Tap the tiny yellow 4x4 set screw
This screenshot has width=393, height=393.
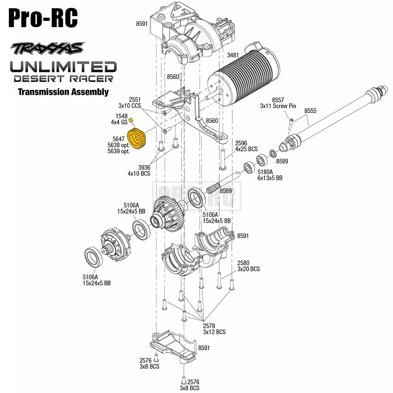pyautogui.click(x=132, y=121)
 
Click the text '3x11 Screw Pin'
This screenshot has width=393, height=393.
pyautogui.click(x=278, y=106)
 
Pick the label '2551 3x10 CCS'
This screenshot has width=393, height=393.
pyautogui.click(x=130, y=103)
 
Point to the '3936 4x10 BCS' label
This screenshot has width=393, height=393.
pyautogui.click(x=139, y=170)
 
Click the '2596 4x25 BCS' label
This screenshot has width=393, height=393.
pyautogui.click(x=246, y=146)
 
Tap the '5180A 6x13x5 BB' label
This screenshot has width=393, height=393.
pyautogui.click(x=270, y=175)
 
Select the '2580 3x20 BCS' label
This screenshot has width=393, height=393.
pyautogui.click(x=248, y=266)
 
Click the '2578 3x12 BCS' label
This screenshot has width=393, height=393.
pyautogui.click(x=214, y=329)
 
